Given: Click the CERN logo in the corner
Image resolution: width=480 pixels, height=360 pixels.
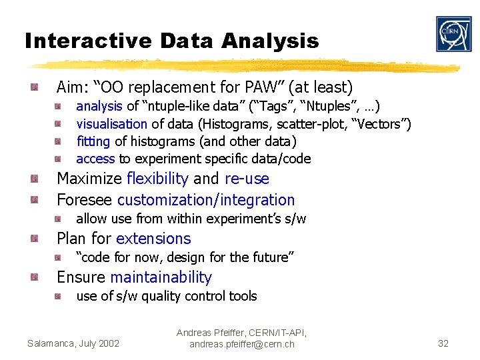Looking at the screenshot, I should point(453,34).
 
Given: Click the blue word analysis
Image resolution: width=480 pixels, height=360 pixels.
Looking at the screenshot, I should point(99,106).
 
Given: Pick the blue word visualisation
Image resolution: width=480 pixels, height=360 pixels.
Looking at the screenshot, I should point(112,123).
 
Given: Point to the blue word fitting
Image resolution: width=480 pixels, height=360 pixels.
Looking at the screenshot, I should point(94,141).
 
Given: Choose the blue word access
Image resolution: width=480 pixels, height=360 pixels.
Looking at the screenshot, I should point(95,159).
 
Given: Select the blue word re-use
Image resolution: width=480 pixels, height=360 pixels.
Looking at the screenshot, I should point(247,179).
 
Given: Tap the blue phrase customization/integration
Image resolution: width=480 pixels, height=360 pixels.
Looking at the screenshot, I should point(206,200).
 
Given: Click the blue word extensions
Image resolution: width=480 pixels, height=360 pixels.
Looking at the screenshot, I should point(153,239).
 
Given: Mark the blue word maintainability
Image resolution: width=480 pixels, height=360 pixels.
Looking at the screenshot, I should point(161,277).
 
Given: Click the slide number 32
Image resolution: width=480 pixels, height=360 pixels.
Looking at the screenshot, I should point(443,343).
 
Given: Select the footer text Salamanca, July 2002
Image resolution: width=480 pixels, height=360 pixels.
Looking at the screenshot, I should point(73,343).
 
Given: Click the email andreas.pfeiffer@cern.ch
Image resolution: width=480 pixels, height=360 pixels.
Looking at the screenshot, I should point(241,344).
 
